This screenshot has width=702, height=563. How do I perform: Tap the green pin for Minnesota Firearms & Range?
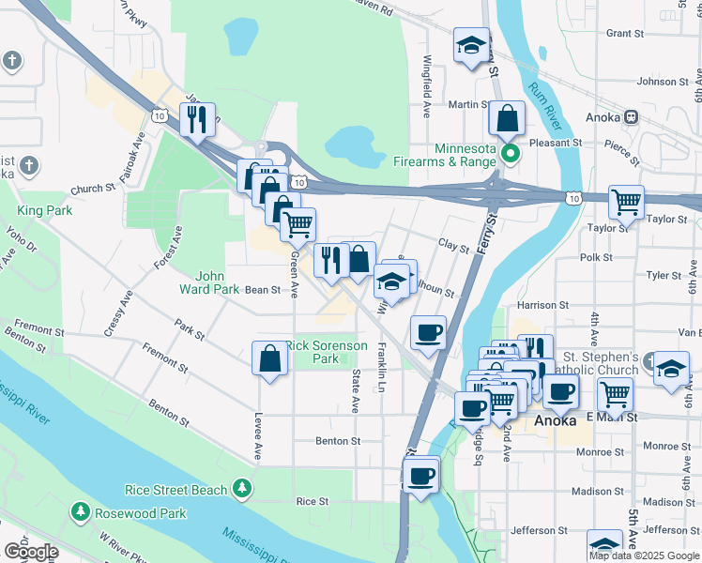point(511,152)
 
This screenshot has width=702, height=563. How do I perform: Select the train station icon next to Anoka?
point(632,118)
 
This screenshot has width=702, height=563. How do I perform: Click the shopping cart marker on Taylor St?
point(626,201)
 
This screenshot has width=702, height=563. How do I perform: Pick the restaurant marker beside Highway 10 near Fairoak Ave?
point(198,119)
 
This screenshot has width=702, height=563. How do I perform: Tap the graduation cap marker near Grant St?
point(470,45)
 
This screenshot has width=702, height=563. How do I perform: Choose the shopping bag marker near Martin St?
point(507,118)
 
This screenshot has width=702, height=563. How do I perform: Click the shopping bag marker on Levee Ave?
point(270,358)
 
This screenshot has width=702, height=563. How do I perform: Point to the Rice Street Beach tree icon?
point(242,489)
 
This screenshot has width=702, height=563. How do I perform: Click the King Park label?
point(44,211)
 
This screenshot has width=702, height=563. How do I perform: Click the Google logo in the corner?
point(31,551)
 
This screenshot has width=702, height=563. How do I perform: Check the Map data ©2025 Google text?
point(644,555)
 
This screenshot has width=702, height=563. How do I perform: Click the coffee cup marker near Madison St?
point(421,475)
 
